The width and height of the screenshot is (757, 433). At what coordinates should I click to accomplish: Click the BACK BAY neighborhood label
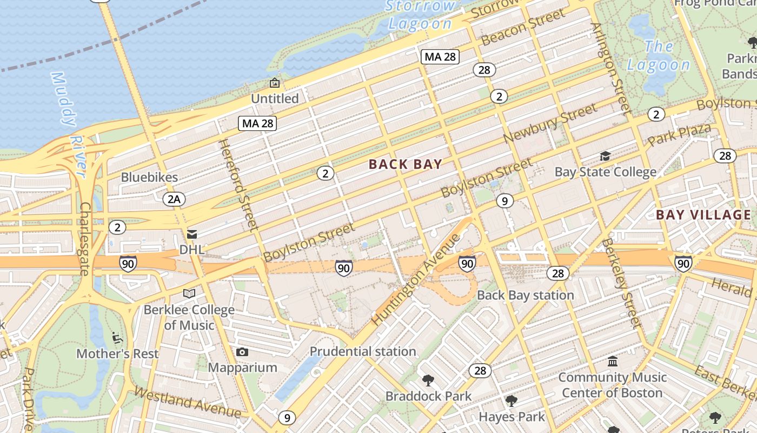(x=406, y=165)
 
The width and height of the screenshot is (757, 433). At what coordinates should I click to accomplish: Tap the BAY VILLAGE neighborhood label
(x=703, y=215)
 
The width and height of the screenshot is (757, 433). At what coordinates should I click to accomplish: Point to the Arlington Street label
(x=612, y=68)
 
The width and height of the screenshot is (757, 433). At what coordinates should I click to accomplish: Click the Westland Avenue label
(x=187, y=402)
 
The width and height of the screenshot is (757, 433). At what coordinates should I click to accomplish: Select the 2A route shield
(x=174, y=199)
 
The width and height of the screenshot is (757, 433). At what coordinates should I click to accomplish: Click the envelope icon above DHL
(x=191, y=234)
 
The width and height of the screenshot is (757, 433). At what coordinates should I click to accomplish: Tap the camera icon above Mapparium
(x=242, y=352)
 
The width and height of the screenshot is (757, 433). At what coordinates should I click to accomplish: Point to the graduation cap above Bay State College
(x=605, y=156)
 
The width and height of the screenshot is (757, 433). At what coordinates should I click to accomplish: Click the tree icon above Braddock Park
(x=428, y=380)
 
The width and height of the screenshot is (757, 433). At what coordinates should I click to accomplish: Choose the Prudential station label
(x=363, y=351)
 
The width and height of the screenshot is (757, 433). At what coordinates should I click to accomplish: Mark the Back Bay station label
(x=525, y=295)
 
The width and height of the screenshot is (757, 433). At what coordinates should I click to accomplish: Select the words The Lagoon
(x=659, y=56)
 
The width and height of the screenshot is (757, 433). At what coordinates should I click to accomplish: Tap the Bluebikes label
(x=149, y=177)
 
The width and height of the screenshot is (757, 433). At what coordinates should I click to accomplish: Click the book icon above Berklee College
(x=189, y=294)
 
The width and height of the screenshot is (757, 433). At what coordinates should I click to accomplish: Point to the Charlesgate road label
(x=85, y=238)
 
